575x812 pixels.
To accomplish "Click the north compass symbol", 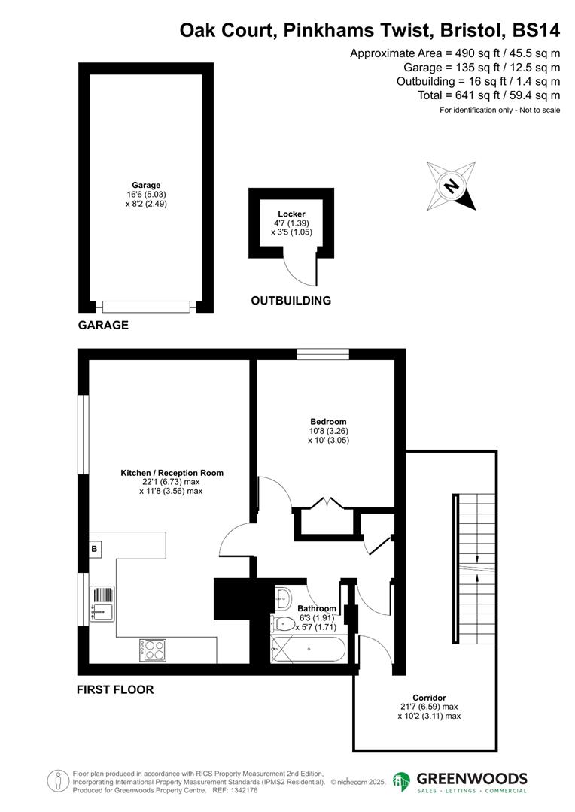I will coord(452,186).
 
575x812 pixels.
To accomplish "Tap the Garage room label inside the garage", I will coord(146,185).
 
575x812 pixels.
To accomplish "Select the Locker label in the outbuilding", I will coord(291,214).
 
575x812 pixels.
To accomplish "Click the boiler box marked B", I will coord(95,550).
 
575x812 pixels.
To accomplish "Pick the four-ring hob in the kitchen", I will coord(153,650).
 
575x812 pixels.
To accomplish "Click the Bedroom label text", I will coord(328,421).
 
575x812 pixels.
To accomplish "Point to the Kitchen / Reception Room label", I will coord(172,473).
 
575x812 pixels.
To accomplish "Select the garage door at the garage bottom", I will coord(147,307).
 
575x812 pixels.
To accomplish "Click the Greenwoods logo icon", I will coord(401,782).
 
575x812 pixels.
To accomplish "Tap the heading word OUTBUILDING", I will coord(291,301).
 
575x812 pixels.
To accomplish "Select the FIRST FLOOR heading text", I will coord(115,689).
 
